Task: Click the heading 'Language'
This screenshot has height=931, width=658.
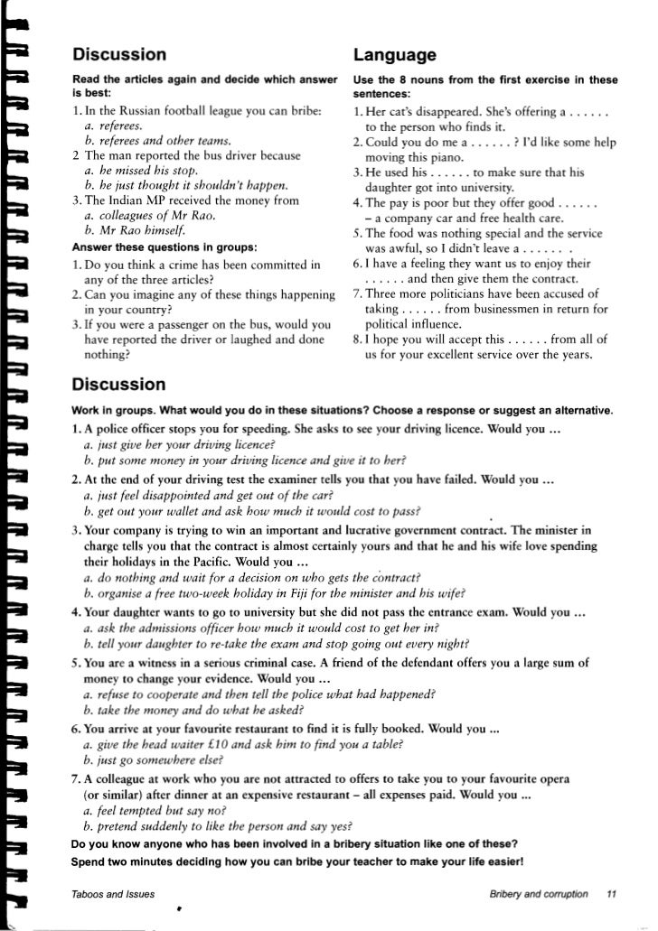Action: (x=395, y=54)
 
